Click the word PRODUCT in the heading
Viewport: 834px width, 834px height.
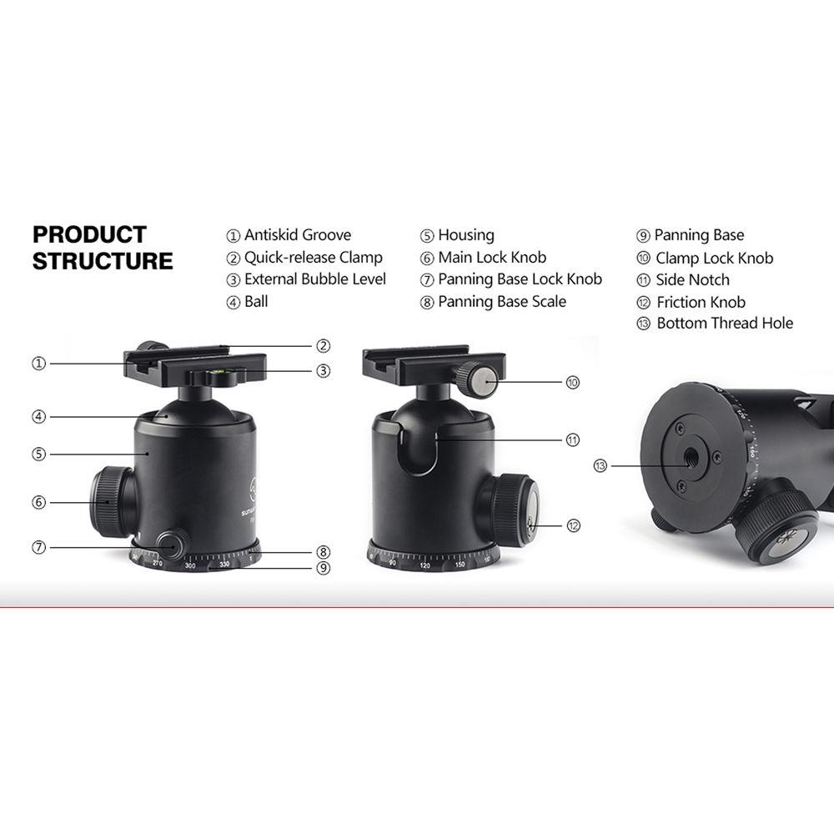(x=89, y=234)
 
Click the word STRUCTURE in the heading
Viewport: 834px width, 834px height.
(x=103, y=261)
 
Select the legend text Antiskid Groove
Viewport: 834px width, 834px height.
(x=298, y=235)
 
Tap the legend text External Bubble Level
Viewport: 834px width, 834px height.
(x=315, y=279)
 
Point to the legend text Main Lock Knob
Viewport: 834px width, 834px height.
(x=492, y=258)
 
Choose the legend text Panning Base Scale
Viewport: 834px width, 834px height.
(x=502, y=302)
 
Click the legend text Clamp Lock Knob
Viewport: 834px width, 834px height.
(x=714, y=259)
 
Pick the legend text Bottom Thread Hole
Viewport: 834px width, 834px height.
(x=725, y=324)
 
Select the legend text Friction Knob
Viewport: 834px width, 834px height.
(x=701, y=303)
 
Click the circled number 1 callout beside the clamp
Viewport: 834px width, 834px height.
(x=38, y=364)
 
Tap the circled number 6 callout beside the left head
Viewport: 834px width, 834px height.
(x=38, y=502)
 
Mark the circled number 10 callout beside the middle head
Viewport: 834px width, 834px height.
(x=572, y=383)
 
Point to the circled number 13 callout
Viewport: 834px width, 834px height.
(x=600, y=465)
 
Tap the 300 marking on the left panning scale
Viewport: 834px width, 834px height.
(x=190, y=566)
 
